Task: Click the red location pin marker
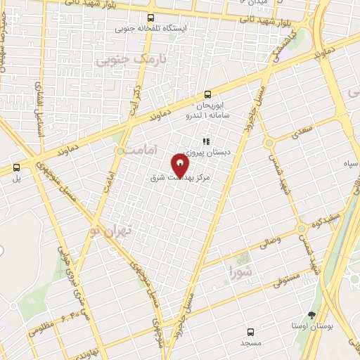click(x=181, y=165)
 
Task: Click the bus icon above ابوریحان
click(x=207, y=94)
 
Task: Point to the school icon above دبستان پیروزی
click(x=205, y=141)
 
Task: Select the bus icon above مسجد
click(x=250, y=331)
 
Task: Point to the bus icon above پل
click(x=17, y=167)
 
